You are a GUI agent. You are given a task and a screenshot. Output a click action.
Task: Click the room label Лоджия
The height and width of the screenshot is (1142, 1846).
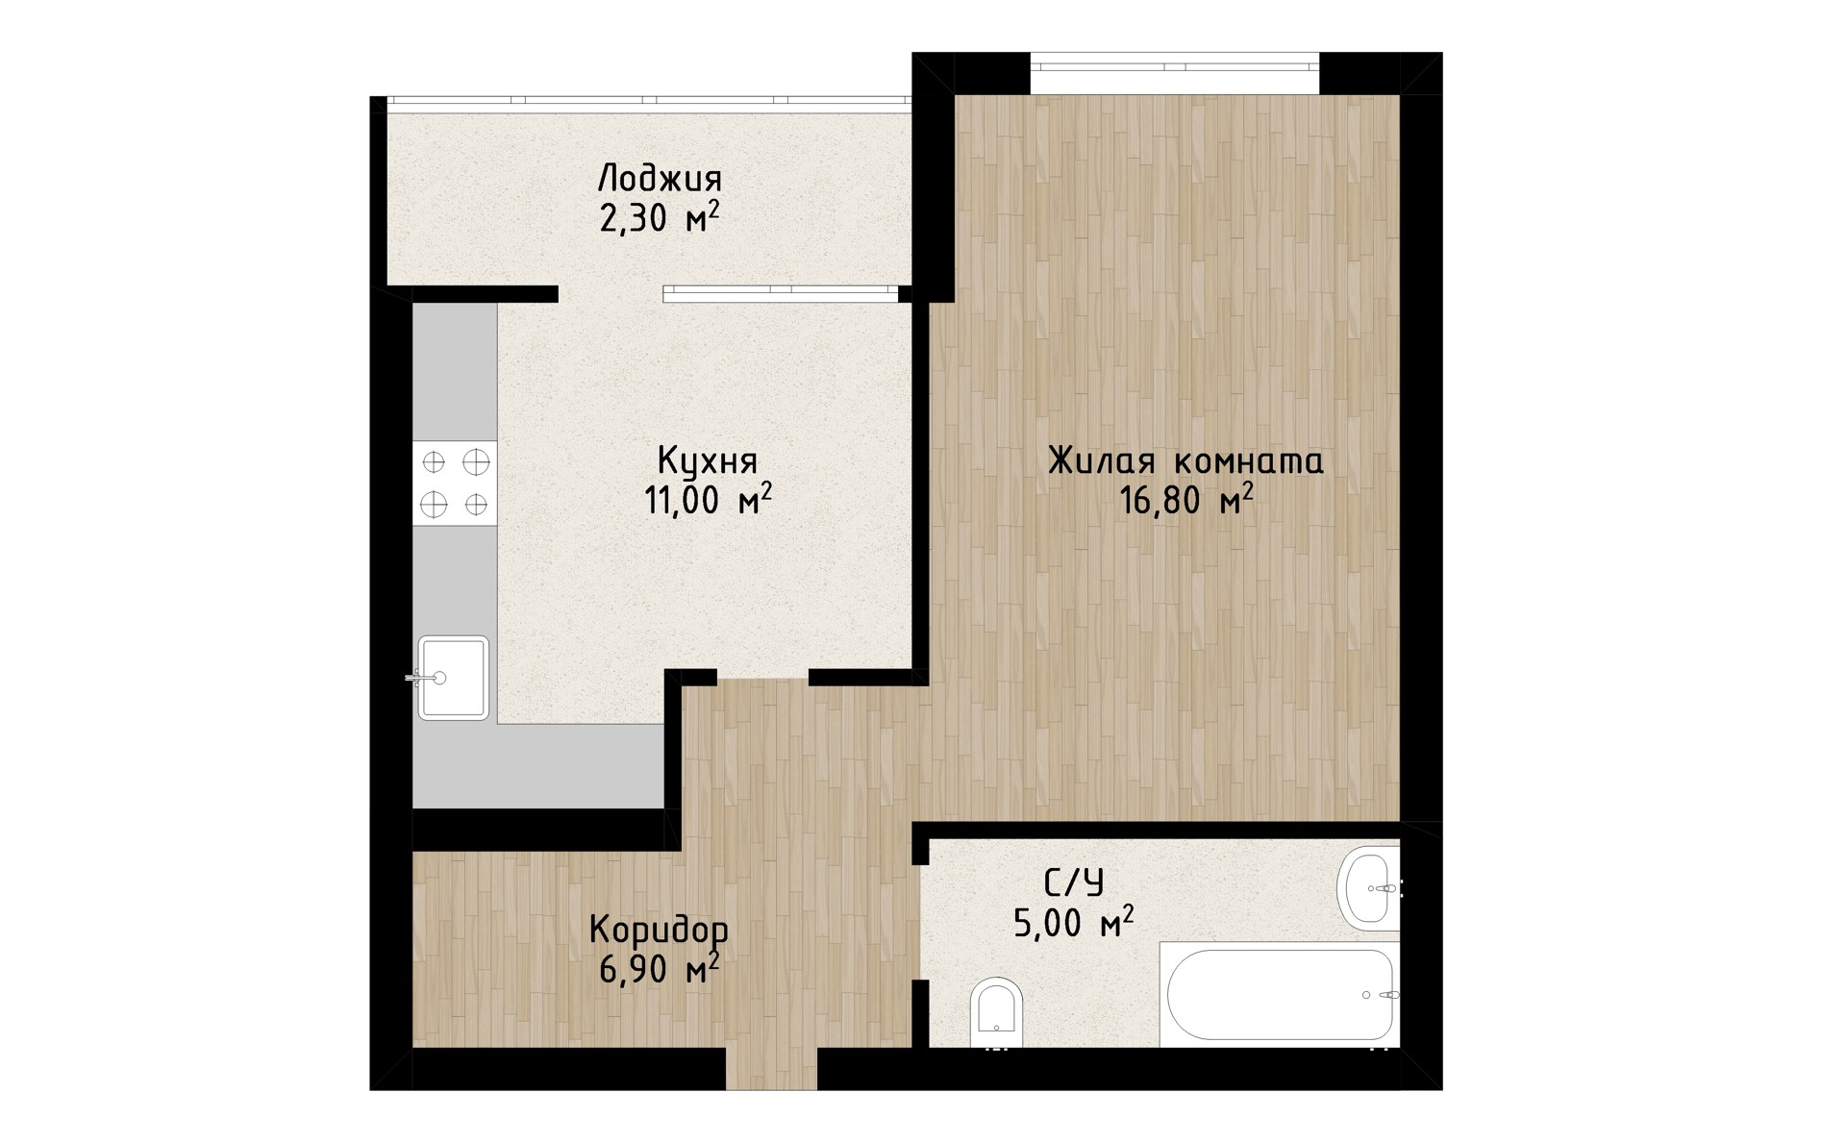pyautogui.click(x=660, y=180)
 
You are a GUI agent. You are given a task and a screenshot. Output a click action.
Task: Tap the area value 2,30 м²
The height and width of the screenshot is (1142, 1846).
pyautogui.click(x=660, y=218)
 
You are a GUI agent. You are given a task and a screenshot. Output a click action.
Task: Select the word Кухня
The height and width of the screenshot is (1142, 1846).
pyautogui.click(x=708, y=461)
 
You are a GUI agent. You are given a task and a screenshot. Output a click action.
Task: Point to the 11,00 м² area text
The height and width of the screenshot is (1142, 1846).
pyautogui.click(x=708, y=500)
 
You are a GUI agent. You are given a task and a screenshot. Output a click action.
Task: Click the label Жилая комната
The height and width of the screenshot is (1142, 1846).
pyautogui.click(x=1185, y=461)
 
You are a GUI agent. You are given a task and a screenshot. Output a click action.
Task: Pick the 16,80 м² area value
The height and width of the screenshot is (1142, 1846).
pyautogui.click(x=1185, y=500)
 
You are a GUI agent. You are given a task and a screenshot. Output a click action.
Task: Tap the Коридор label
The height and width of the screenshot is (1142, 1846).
pyautogui.click(x=659, y=930)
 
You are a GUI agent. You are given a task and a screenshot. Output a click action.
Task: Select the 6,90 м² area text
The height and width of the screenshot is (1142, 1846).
pyautogui.click(x=659, y=969)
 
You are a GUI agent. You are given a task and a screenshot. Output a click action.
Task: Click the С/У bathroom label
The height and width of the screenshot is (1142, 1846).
pyautogui.click(x=1073, y=882)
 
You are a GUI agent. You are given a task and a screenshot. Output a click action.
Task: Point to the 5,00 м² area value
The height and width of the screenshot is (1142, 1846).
pyautogui.click(x=1073, y=921)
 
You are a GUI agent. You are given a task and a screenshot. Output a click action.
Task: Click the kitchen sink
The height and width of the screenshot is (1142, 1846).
pyautogui.click(x=454, y=678)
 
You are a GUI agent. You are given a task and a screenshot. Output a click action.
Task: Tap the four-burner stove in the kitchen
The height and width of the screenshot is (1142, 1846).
pyautogui.click(x=455, y=484)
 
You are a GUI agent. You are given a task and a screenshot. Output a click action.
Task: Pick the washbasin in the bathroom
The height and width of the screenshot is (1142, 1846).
pyautogui.click(x=1369, y=888)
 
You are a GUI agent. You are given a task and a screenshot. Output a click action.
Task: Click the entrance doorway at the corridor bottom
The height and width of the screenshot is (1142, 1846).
pyautogui.click(x=771, y=1069)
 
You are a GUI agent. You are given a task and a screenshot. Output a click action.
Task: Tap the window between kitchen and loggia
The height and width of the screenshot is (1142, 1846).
pyautogui.click(x=780, y=293)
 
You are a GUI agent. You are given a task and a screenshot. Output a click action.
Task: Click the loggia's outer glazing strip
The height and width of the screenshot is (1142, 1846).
pyautogui.click(x=649, y=100)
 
